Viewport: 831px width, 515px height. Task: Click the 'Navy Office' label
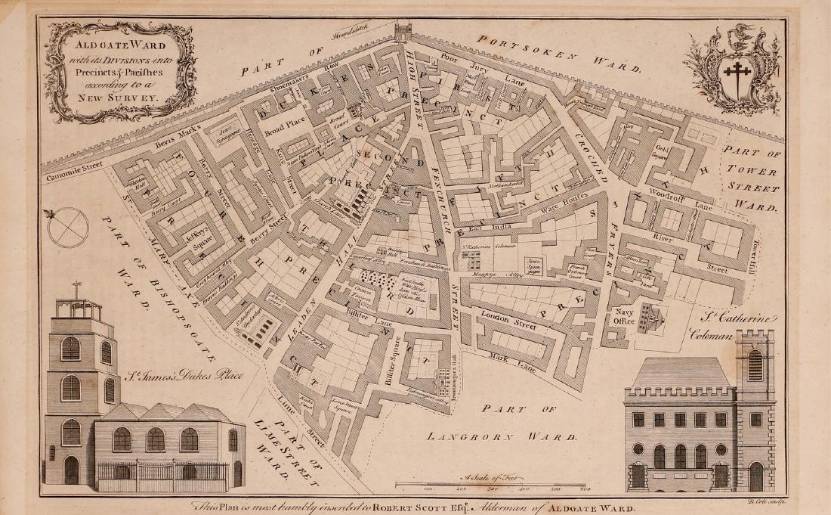coord(623,317)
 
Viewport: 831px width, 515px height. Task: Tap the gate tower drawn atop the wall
coord(403,30)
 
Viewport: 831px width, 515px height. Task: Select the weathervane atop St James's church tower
coord(76,288)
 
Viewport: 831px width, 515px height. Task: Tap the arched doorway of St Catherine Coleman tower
coord(755,476)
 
